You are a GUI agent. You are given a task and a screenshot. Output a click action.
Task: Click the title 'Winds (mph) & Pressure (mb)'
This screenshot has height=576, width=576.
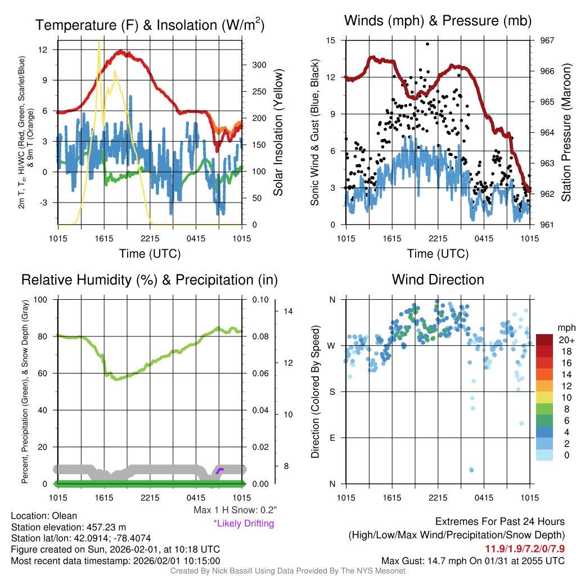click(x=438, y=21)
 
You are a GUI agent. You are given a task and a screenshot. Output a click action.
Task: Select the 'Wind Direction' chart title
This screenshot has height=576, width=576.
click(x=438, y=280)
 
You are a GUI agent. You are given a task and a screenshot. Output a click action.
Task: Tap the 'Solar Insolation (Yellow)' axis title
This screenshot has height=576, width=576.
click(x=278, y=133)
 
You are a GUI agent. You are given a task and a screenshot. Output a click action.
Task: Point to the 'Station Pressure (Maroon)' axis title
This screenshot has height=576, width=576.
click(x=566, y=133)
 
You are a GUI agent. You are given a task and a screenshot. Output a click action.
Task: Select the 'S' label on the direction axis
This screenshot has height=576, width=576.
click(x=332, y=391)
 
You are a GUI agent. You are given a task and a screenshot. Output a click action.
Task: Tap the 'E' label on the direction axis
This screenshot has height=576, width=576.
click(x=332, y=438)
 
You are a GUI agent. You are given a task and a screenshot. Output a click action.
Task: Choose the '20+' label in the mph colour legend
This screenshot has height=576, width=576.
click(x=566, y=340)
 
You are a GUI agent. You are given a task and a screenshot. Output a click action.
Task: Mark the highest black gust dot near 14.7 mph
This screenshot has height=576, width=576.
click(x=427, y=44)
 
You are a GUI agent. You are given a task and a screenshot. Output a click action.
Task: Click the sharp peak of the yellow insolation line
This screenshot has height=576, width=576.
click(x=100, y=42)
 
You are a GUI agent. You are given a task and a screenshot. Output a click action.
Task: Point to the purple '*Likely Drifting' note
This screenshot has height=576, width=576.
click(x=244, y=524)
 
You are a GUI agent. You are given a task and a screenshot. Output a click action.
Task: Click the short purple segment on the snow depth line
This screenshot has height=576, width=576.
click(x=220, y=470)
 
